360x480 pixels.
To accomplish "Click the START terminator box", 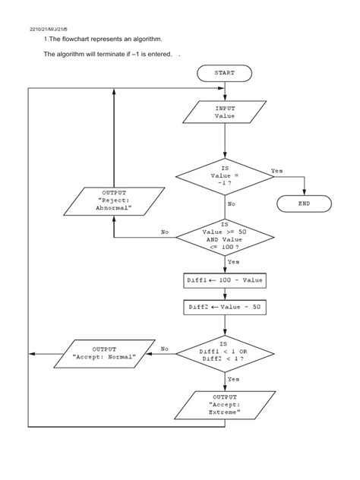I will point(225,74).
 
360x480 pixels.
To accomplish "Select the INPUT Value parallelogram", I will point(225,113).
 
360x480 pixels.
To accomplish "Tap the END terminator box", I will point(304,204).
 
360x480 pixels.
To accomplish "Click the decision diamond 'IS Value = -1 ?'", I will point(225,175).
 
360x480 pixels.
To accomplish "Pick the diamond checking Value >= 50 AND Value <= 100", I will point(225,238).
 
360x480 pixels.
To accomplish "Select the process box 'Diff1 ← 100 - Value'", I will point(225,280).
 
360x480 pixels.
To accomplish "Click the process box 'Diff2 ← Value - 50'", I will point(225,308).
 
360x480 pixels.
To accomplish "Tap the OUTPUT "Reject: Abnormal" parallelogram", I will point(113,201).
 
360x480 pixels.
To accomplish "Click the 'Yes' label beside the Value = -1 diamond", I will point(276,171).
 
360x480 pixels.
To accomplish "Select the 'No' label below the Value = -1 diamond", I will point(232,204).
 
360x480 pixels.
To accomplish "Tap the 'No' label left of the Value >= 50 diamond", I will point(165,232).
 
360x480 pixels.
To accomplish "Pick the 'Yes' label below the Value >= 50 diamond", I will point(234,262).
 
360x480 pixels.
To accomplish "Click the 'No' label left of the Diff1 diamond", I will point(165,349).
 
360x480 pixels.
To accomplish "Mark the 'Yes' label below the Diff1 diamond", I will point(234,378).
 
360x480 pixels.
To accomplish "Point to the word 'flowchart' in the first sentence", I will point(78,39).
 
